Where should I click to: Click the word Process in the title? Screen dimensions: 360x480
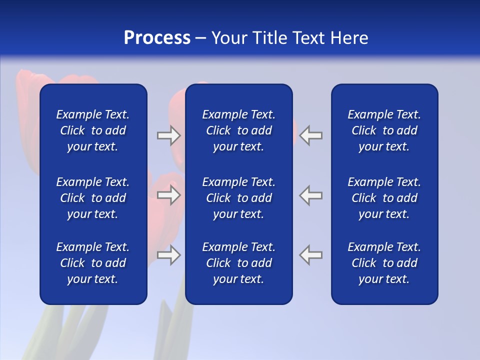click(157, 38)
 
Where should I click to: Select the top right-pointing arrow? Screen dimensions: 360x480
click(168, 135)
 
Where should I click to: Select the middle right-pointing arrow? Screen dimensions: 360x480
click(168, 195)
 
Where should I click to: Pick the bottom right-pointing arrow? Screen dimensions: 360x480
click(168, 255)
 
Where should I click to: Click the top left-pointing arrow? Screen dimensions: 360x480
click(311, 135)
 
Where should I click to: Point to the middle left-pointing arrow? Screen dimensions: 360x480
click(311, 195)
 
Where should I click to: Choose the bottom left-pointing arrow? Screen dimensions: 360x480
click(311, 255)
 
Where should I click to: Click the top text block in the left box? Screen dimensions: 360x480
click(93, 130)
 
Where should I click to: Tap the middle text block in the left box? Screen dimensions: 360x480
click(93, 198)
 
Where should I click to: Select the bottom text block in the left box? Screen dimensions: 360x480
click(93, 263)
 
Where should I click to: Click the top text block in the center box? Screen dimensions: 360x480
click(238, 130)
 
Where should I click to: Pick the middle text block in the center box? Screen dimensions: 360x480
click(238, 198)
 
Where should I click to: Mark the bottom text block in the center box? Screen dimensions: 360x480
click(238, 263)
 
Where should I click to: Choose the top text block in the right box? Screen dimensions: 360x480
click(384, 130)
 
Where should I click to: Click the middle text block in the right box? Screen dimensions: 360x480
click(384, 198)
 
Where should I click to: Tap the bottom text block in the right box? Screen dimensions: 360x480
click(384, 263)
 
